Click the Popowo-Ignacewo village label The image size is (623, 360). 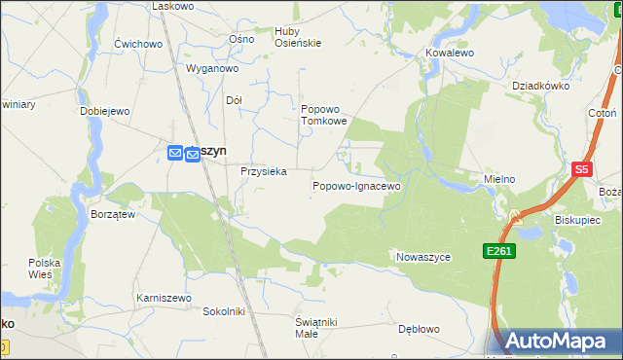pyautogui.click(x=356, y=185)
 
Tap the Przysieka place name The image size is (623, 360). pyautogui.click(x=263, y=171)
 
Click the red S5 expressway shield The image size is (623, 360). pyautogui.click(x=582, y=169)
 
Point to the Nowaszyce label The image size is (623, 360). pyautogui.click(x=423, y=257)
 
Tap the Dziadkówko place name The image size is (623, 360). pyautogui.click(x=540, y=85)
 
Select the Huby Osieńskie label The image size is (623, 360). pyautogui.click(x=298, y=37)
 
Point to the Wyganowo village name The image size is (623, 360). pyautogui.click(x=212, y=69)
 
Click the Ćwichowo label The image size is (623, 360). pyautogui.click(x=137, y=44)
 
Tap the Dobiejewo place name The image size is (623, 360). pyautogui.click(x=105, y=111)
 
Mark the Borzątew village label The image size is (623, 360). pyautogui.click(x=112, y=214)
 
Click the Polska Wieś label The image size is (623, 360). pyautogui.click(x=45, y=269)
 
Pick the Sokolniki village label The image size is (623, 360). pyautogui.click(x=222, y=311)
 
